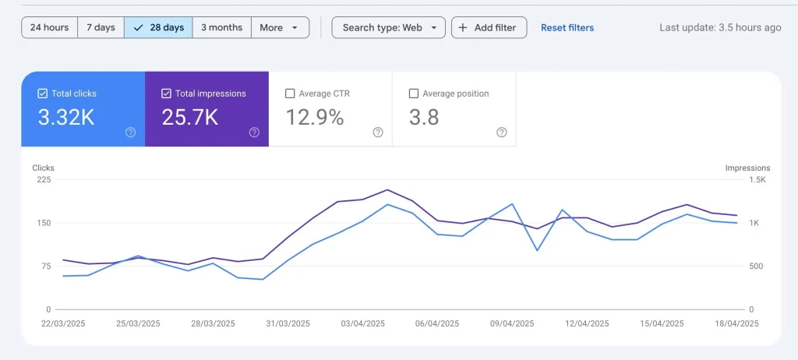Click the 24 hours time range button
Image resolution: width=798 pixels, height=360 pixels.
[x=49, y=27]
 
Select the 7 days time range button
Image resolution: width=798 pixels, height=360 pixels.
[x=101, y=27]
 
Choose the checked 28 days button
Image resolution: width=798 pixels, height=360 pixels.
[x=158, y=27]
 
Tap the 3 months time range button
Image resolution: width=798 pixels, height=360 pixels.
[x=221, y=27]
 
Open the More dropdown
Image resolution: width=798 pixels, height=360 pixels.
[x=279, y=27]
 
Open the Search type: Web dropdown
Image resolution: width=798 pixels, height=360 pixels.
[x=389, y=27]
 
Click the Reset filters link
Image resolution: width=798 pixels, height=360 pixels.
[x=567, y=27]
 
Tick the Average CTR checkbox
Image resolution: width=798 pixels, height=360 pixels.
[x=291, y=94]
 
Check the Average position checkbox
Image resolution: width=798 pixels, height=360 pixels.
[x=414, y=94]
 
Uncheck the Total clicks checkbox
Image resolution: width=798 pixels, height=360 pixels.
[x=43, y=94]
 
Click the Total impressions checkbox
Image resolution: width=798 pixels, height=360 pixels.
[x=166, y=94]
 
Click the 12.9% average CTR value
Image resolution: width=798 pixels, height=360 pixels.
[x=315, y=118]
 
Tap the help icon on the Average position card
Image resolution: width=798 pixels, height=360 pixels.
[x=502, y=132]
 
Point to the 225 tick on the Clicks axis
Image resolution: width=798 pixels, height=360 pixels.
[x=43, y=179]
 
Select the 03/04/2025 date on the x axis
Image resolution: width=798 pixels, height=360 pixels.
[x=363, y=323]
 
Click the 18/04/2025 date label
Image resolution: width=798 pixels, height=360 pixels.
[x=736, y=323]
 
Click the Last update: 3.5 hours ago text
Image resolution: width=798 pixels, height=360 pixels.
[x=720, y=27]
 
